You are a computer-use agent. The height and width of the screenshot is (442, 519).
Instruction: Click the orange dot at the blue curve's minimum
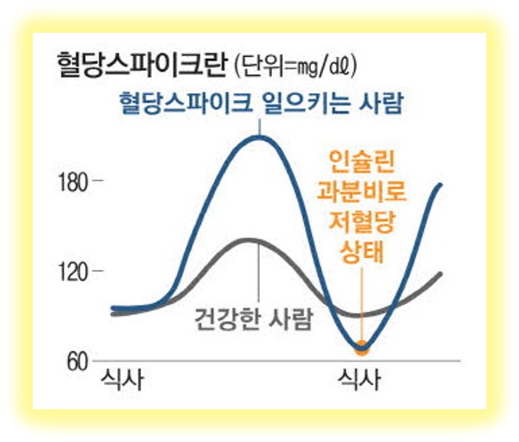[x=362, y=348]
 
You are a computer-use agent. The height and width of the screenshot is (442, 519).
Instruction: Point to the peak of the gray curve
[x=250, y=239]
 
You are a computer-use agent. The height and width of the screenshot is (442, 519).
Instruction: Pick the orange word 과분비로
[x=361, y=190]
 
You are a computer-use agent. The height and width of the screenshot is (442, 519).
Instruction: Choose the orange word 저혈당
[x=361, y=221]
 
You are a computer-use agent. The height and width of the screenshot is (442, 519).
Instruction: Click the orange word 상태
[x=361, y=252]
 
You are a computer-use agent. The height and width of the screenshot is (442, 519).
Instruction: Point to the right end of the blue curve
[x=441, y=185]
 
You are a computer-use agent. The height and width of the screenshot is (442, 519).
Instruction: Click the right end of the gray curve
[x=441, y=274]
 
